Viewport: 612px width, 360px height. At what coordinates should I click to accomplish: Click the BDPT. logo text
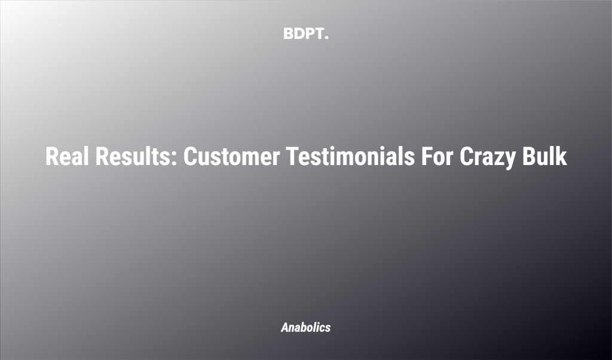point(305,34)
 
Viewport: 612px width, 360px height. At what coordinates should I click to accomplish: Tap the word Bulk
point(544,157)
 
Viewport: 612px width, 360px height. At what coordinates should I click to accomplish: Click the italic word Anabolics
point(305,327)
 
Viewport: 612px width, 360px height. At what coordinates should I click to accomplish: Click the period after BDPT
point(326,38)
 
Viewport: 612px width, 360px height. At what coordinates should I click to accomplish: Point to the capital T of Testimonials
point(292,157)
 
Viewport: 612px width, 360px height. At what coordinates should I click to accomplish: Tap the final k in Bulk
point(561,157)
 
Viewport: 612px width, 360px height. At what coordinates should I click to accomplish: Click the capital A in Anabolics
point(285,327)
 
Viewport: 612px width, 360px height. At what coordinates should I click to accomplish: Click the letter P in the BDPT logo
point(310,34)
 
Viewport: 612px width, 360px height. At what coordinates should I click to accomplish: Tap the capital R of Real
point(52,157)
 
